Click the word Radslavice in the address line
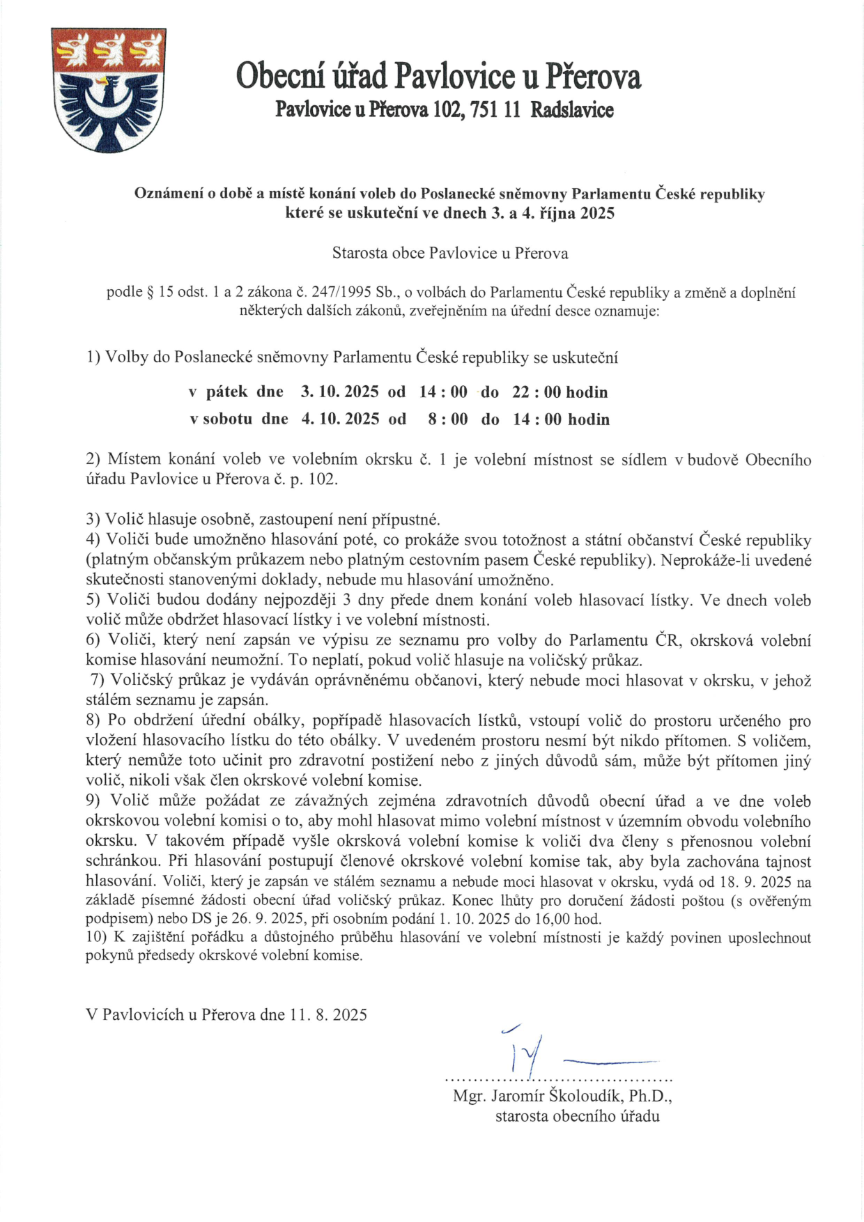click(x=572, y=109)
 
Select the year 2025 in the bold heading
click(x=597, y=213)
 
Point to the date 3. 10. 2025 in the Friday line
click(x=339, y=392)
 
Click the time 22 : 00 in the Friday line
click(x=537, y=392)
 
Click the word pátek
click(x=226, y=392)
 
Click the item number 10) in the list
click(x=96, y=938)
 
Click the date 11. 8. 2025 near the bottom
click(x=327, y=1014)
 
